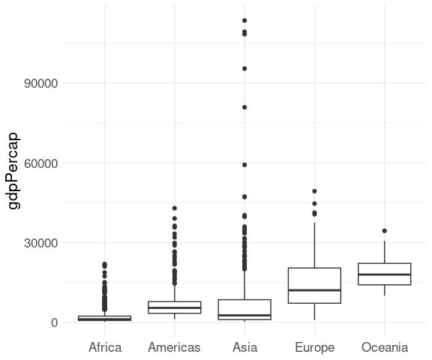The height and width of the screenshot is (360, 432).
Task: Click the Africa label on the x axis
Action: tap(105, 347)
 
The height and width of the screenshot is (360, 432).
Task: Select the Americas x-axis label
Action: tap(174, 347)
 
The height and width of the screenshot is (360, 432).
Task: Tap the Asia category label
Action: tap(244, 347)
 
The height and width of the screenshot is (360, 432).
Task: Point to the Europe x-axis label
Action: tap(315, 348)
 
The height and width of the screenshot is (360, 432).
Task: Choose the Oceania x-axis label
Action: tap(385, 347)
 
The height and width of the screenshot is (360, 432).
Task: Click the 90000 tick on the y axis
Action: tap(41, 83)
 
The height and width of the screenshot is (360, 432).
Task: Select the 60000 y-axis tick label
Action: tap(41, 163)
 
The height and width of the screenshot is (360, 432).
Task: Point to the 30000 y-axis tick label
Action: tap(41, 243)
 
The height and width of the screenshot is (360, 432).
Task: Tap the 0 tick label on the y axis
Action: tap(54, 322)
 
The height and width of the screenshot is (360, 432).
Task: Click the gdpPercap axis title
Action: tap(13, 171)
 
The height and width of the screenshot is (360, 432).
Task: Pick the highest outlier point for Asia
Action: tap(244, 20)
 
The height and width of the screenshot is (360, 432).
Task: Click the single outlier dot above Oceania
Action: tap(385, 231)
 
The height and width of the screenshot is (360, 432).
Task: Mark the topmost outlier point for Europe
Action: tap(315, 191)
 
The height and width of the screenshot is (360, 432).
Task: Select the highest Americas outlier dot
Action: tap(175, 208)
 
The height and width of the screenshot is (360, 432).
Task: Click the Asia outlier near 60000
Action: tap(244, 165)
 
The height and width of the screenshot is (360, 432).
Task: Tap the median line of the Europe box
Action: tap(315, 290)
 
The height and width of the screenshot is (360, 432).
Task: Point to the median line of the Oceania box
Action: tap(385, 274)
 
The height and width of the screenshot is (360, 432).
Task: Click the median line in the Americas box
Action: tap(175, 307)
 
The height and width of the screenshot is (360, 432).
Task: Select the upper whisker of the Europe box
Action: tap(315, 245)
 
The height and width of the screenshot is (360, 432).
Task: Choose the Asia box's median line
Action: tap(244, 315)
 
